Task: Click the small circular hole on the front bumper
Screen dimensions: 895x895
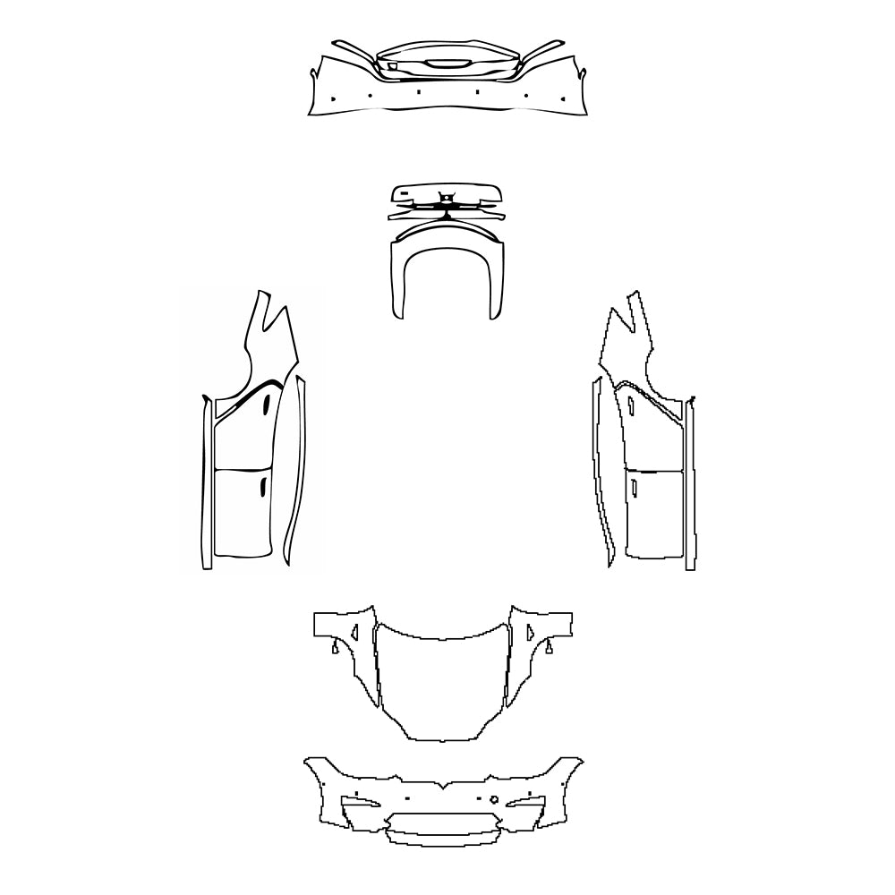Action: [493, 798]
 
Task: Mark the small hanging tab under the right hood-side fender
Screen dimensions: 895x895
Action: [550, 645]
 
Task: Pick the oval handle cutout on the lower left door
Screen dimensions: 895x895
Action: [262, 487]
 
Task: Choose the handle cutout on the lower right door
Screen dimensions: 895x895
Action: [634, 488]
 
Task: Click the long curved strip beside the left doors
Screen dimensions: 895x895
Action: [294, 474]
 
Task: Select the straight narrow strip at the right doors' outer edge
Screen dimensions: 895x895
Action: [691, 483]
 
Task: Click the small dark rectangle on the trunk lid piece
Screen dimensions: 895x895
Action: [404, 192]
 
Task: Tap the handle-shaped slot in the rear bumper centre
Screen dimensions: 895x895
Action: [443, 64]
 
